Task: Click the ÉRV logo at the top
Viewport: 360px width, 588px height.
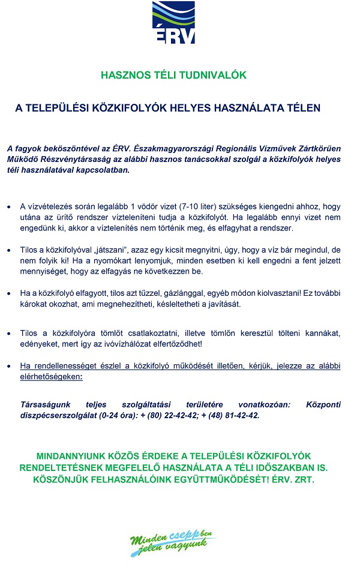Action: tap(173, 22)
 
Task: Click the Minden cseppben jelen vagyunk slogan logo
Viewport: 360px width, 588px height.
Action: tap(173, 544)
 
